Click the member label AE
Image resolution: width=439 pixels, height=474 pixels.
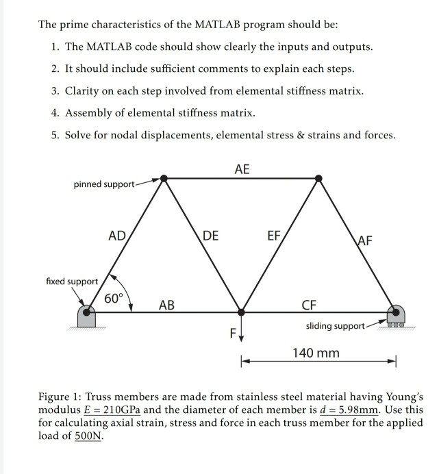[242, 169]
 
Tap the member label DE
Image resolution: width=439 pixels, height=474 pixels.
[211, 236]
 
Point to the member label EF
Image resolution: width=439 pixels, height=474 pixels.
[273, 236]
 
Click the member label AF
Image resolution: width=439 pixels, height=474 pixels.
[365, 240]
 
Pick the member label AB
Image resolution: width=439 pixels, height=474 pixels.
[166, 305]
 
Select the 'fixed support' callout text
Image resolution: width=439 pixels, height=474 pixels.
[72, 282]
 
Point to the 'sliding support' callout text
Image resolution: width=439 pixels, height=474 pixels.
[335, 326]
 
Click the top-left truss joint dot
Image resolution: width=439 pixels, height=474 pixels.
[163, 179]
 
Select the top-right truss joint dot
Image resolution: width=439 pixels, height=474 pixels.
[318, 179]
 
